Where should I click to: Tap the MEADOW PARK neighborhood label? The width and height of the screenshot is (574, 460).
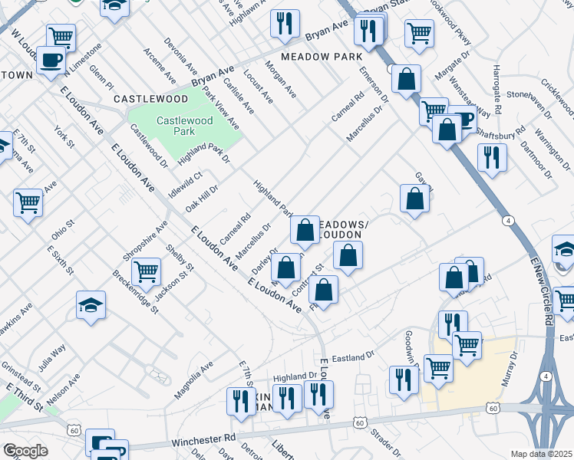click(x=320, y=58)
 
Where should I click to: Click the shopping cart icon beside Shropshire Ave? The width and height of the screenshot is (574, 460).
click(x=145, y=270)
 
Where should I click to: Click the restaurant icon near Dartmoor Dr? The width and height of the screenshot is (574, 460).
click(x=491, y=156)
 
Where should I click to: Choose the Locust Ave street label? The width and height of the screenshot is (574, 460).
click(x=257, y=89)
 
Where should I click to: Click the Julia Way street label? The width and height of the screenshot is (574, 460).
click(x=53, y=358)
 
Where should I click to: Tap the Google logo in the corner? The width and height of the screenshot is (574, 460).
click(x=25, y=451)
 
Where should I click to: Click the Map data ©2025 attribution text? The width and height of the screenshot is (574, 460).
click(x=541, y=454)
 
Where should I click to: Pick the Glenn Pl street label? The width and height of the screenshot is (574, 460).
click(x=101, y=77)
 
